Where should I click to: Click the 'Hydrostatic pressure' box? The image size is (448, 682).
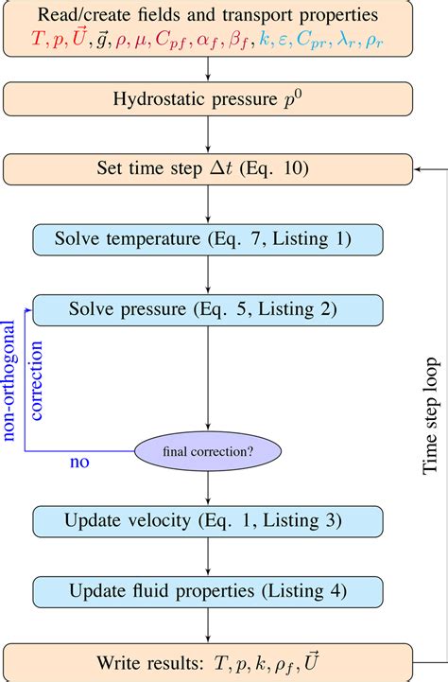[x=207, y=99]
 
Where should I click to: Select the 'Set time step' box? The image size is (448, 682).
[x=207, y=169]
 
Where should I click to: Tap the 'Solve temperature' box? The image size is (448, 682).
[x=207, y=239]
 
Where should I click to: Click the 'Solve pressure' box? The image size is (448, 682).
[x=207, y=309]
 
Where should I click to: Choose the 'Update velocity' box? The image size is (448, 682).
[x=207, y=522]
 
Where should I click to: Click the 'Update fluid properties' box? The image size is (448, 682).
[x=207, y=591]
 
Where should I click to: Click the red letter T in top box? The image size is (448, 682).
[x=39, y=44]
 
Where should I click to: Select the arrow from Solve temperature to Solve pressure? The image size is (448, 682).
[x=207, y=274]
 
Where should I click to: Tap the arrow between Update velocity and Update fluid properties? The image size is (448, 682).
[x=207, y=557]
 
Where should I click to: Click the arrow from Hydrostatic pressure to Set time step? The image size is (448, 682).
[x=207, y=134]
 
